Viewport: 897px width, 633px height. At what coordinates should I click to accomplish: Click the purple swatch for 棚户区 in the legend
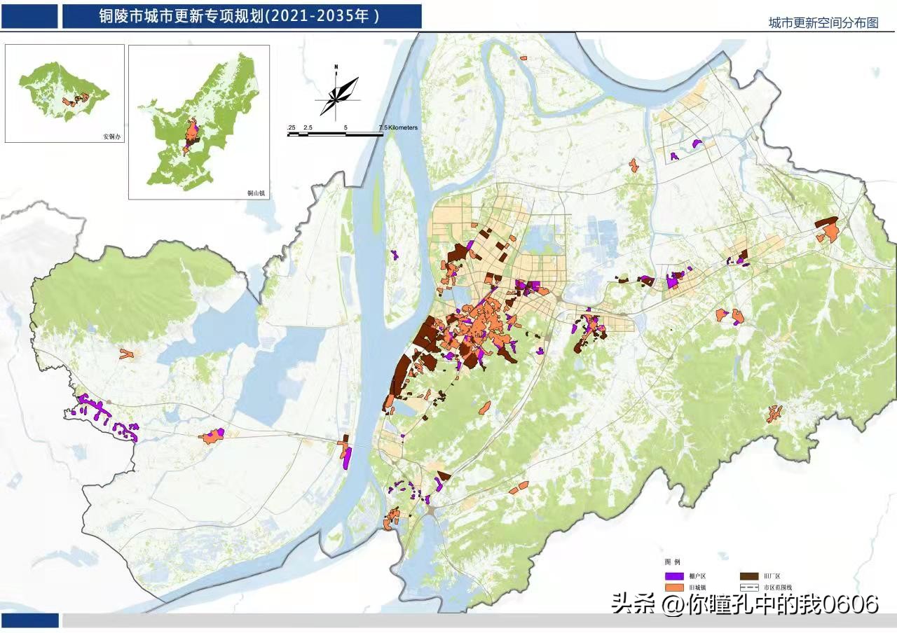[x=673, y=576]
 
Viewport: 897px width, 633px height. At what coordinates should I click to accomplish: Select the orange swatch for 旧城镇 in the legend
[x=673, y=587]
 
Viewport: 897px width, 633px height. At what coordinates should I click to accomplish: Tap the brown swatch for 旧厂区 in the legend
[x=749, y=576]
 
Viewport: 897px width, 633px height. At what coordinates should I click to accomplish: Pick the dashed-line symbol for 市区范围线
[x=749, y=587]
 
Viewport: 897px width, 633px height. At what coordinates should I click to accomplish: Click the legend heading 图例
[x=672, y=562]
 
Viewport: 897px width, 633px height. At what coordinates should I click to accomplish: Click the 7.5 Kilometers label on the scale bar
[x=397, y=127]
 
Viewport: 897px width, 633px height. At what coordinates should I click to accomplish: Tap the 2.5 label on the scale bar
[x=308, y=127]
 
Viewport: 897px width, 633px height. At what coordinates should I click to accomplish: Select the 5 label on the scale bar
[x=345, y=127]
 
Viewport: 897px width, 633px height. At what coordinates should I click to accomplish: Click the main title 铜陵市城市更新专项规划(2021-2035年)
[x=242, y=16]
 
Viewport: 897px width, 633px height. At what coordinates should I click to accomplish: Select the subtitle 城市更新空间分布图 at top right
[x=823, y=22]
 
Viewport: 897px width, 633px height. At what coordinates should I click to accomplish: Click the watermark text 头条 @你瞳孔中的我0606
[x=744, y=603]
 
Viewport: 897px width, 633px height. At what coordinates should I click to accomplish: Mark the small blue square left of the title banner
[x=29, y=16]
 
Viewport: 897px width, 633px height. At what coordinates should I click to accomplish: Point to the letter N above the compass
[x=336, y=67]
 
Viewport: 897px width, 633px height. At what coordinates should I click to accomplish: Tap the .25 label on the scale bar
[x=291, y=127]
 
